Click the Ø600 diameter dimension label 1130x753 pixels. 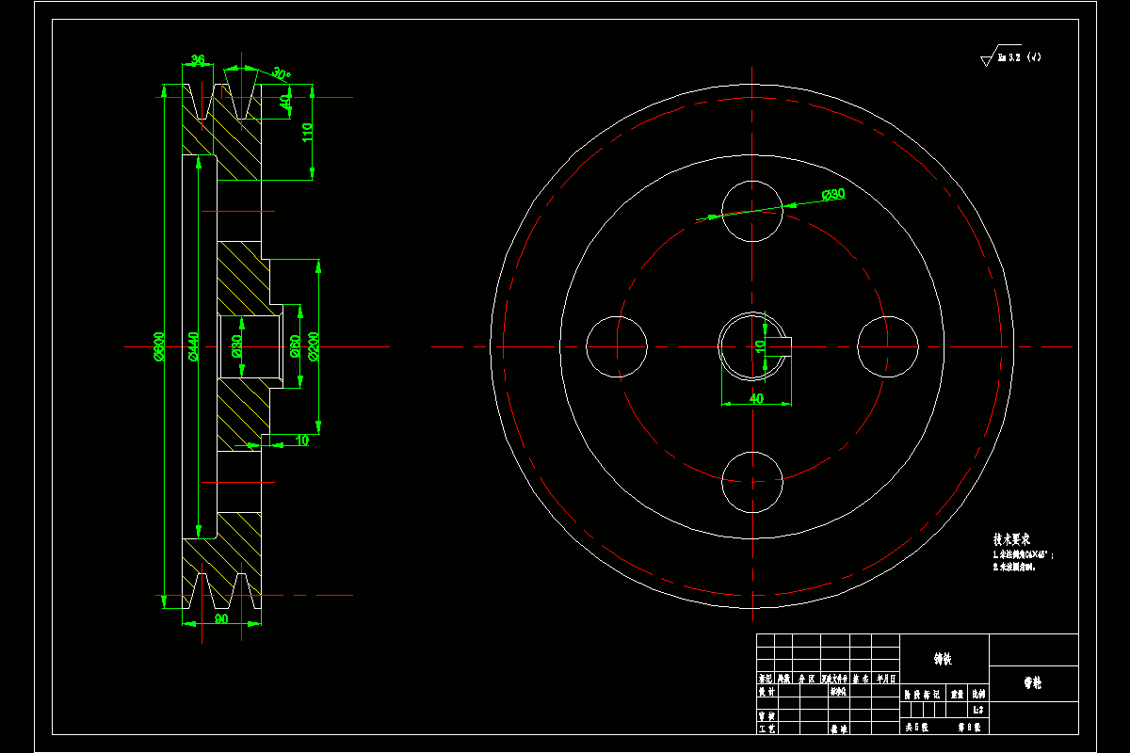tap(159, 346)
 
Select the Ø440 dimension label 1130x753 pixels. tap(193, 346)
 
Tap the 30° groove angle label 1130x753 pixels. tap(281, 72)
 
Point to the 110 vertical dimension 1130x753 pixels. tap(307, 133)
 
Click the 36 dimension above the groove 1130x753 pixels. tap(198, 60)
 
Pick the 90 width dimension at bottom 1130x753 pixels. tap(221, 618)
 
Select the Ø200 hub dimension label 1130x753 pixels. tap(314, 346)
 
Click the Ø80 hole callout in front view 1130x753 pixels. tap(833, 194)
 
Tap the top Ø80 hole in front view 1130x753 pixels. tap(751, 210)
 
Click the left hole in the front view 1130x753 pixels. tap(617, 346)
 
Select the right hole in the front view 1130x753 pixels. tap(887, 346)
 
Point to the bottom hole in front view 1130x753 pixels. tap(751, 482)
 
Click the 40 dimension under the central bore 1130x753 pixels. tap(755, 398)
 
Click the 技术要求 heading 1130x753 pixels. tap(1011, 540)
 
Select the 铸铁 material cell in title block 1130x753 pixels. tap(943, 659)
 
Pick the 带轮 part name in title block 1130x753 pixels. tap(1033, 683)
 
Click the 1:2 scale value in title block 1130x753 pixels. tap(978, 710)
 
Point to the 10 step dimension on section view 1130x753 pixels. tap(301, 440)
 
